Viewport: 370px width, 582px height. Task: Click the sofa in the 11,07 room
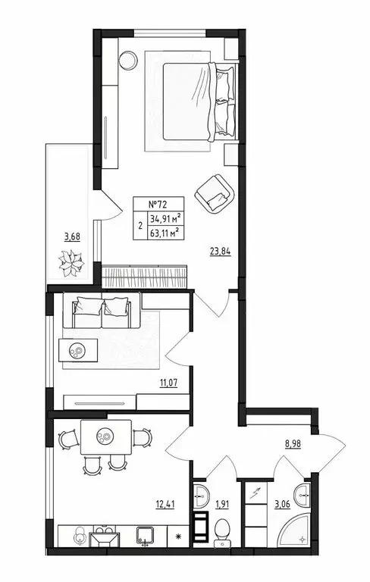tap(101, 308)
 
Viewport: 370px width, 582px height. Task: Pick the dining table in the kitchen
tap(105, 437)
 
